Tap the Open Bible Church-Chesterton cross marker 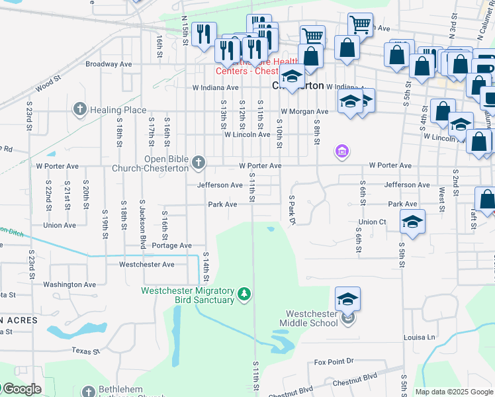pyautogui.click(x=199, y=162)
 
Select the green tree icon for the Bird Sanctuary pyautogui.click(x=244, y=293)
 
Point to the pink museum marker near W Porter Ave pyautogui.click(x=341, y=152)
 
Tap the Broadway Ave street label pyautogui.click(x=109, y=65)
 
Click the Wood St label pyautogui.click(x=48, y=83)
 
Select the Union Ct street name pyautogui.click(x=372, y=222)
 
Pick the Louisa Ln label pyautogui.click(x=422, y=337)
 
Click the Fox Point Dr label pyautogui.click(x=334, y=362)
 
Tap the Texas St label pyautogui.click(x=85, y=351)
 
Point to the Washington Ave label pyautogui.click(x=69, y=285)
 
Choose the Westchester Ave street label pyautogui.click(x=146, y=265)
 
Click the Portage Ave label pyautogui.click(x=171, y=245)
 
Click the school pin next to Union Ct pyautogui.click(x=412, y=221)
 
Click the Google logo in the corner pyautogui.click(x=22, y=389)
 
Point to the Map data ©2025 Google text pyautogui.click(x=453, y=392)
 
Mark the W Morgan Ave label pyautogui.click(x=304, y=112)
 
